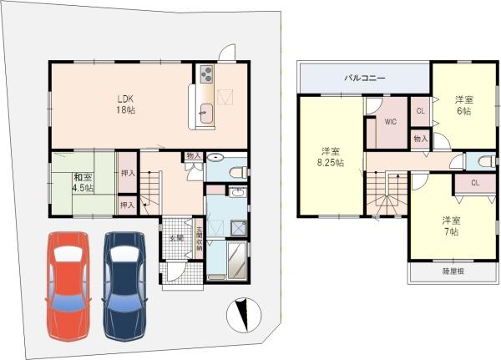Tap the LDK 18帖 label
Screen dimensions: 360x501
pos(125,102)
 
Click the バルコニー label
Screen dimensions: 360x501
pos(364,79)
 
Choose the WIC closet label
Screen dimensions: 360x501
pos(390,122)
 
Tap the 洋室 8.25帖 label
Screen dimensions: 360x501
pos(331,157)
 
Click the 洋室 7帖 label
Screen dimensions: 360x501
pos(451,226)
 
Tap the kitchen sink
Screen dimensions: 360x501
pos(206,112)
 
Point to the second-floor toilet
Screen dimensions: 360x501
pos(484,162)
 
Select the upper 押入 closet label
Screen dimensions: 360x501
pos(127,174)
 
